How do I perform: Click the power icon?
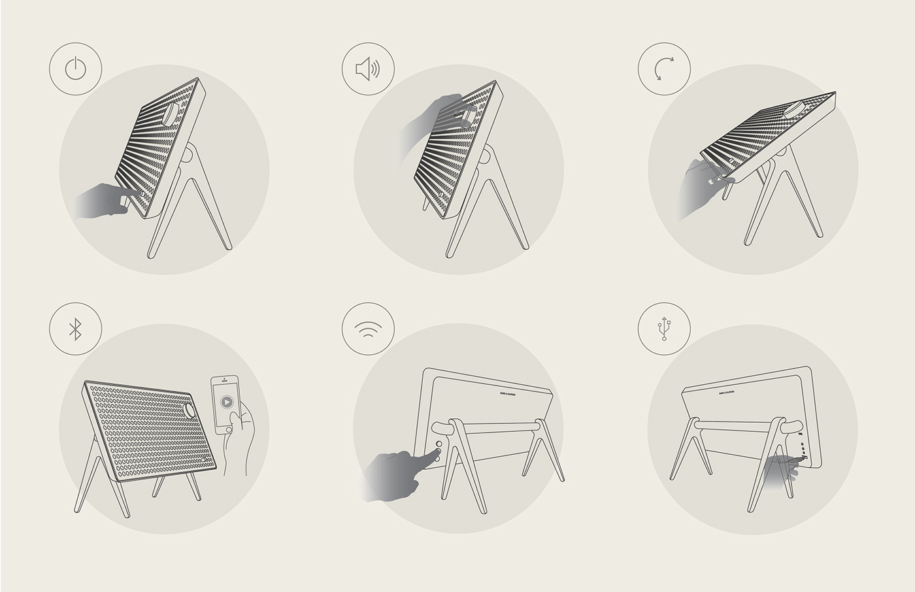(75, 69)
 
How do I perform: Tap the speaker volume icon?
(368, 69)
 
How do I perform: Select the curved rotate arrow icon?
(664, 69)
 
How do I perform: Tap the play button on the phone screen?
(225, 402)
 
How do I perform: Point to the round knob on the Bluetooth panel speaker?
(190, 410)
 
